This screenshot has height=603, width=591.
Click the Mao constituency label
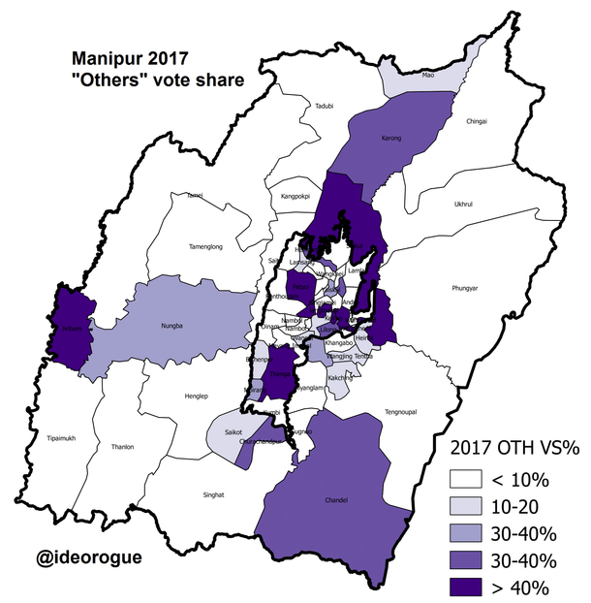[x=427, y=73]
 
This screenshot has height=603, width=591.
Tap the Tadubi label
[x=323, y=107]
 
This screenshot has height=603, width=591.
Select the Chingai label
[x=477, y=121]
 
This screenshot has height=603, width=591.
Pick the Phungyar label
[x=466, y=288]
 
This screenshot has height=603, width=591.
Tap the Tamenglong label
[x=203, y=247]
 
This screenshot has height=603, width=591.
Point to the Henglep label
[x=198, y=397]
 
